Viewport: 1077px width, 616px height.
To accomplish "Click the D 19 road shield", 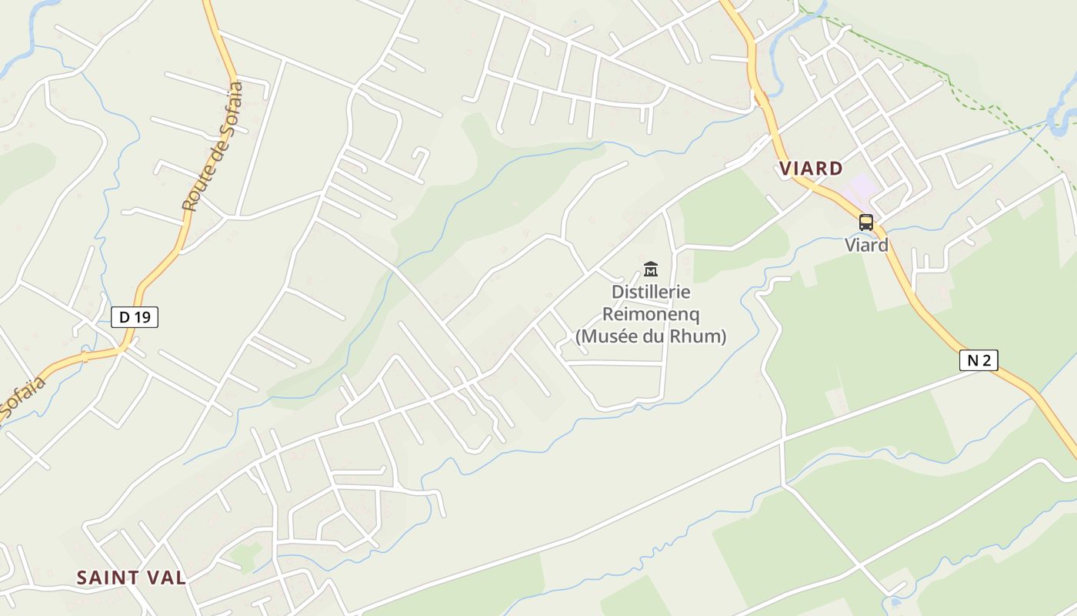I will click(135, 316).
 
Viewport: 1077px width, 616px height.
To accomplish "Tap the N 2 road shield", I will click(979, 360).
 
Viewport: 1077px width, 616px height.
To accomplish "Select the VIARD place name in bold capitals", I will click(811, 169).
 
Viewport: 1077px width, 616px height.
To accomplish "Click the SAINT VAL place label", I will click(132, 577).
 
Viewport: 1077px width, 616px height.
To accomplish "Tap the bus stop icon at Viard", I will click(866, 223).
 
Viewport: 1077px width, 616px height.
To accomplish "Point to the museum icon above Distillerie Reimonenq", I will click(651, 269).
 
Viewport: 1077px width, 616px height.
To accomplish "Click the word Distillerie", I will click(651, 293).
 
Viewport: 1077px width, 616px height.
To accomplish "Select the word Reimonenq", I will click(651, 314).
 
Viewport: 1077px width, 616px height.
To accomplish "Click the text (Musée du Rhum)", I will click(651, 336).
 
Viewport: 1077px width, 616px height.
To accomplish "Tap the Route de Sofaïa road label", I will click(212, 146).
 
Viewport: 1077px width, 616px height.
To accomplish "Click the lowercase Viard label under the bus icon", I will click(866, 246).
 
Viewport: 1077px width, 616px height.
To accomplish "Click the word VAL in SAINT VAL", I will click(166, 577).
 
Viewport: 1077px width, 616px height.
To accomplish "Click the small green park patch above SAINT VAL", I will click(245, 555).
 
